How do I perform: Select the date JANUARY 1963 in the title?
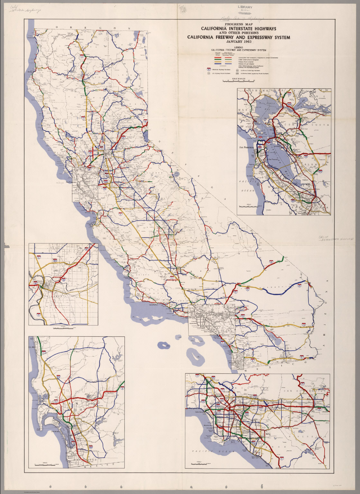[x=238, y=42]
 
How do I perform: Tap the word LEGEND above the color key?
[x=238, y=47]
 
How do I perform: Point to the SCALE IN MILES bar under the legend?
[x=238, y=80]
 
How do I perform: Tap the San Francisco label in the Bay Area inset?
[x=246, y=148]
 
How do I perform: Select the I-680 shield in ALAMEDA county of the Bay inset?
[x=320, y=171]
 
